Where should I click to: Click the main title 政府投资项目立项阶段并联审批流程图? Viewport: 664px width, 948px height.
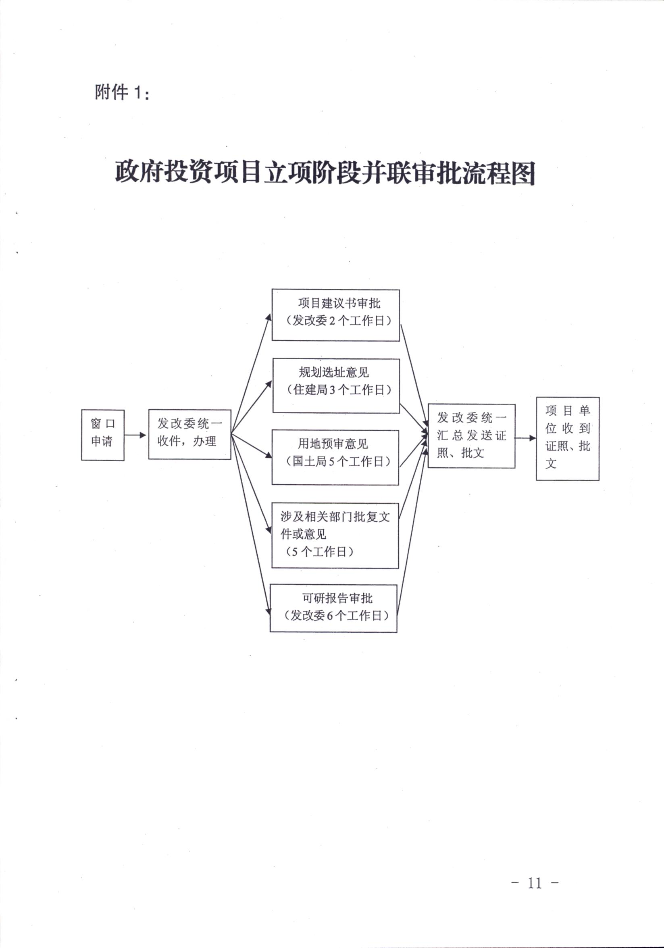(325, 172)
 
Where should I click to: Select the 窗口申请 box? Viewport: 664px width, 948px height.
(103, 435)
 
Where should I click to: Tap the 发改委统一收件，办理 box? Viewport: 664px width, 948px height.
(189, 434)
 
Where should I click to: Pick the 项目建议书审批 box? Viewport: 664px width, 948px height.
(336, 315)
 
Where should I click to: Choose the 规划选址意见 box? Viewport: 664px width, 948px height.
(336, 385)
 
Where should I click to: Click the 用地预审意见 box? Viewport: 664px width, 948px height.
(335, 457)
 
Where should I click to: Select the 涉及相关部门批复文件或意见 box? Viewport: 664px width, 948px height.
(335, 535)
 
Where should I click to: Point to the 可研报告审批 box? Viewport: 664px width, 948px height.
(334, 608)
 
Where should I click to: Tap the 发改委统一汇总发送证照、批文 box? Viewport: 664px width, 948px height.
(472, 436)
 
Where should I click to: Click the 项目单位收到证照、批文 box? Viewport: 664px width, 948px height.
(568, 438)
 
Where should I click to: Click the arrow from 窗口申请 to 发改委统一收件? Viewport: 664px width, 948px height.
(135, 435)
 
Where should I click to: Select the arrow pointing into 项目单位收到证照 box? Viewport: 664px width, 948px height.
(526, 438)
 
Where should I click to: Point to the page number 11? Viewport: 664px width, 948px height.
(535, 883)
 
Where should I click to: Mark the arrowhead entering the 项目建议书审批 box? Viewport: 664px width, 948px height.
(269, 317)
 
